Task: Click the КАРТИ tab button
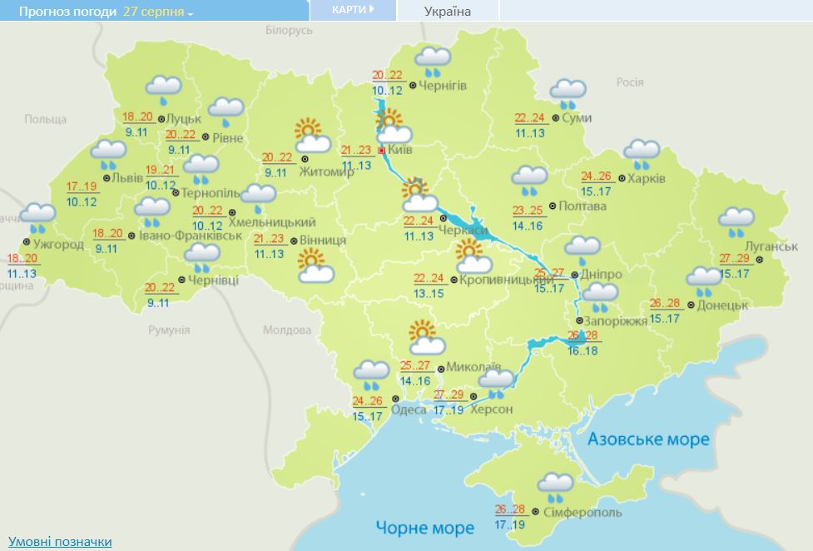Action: click(x=352, y=10)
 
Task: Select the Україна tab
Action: click(x=447, y=11)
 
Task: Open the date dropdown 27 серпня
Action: click(x=158, y=12)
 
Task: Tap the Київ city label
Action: click(x=400, y=151)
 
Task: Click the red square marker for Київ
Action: click(x=381, y=151)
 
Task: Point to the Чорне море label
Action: click(x=424, y=528)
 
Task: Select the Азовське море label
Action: click(x=648, y=439)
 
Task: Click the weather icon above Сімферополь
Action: click(x=555, y=486)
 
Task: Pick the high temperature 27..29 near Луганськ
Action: click(x=736, y=257)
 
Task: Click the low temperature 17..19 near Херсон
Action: click(x=448, y=410)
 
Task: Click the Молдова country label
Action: click(x=286, y=330)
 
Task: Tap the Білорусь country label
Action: click(x=289, y=30)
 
